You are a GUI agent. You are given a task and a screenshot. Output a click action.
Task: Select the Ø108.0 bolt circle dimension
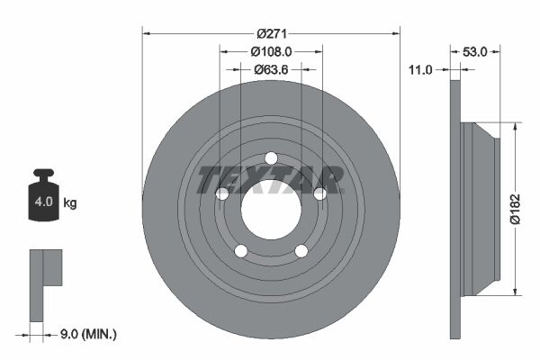271,51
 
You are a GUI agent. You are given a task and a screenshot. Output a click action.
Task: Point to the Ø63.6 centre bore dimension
271,68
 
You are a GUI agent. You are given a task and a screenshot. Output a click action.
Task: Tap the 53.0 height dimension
473,52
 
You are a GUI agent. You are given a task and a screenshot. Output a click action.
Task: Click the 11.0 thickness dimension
421,69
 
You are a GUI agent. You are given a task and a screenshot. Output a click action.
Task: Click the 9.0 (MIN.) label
87,334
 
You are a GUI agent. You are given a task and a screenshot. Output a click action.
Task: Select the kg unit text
70,202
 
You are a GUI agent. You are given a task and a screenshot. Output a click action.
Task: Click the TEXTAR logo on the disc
271,179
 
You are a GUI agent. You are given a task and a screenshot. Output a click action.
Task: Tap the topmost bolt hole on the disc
271,158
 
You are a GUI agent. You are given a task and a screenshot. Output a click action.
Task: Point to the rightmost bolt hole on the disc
319,193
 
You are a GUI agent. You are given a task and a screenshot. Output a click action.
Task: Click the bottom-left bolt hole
241,250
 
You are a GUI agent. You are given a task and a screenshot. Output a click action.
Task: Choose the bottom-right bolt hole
301,250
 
